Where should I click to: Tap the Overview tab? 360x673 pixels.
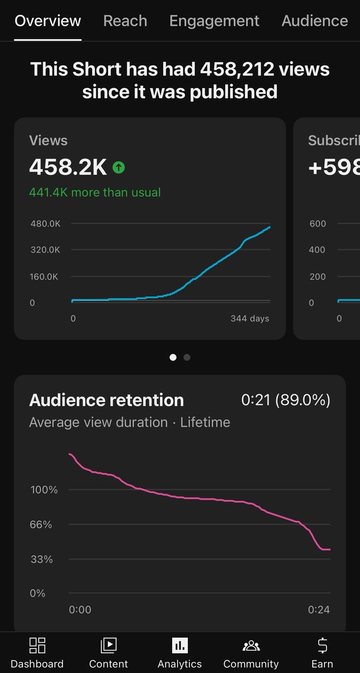click(48, 21)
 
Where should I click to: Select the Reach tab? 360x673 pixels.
click(125, 21)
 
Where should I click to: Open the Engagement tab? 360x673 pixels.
click(214, 21)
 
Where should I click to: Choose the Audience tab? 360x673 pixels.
click(315, 21)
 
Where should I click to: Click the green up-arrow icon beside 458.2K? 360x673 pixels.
click(118, 167)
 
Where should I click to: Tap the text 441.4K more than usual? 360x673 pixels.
click(95, 192)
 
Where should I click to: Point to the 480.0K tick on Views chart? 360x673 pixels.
click(45, 224)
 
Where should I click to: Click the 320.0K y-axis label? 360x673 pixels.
click(45, 250)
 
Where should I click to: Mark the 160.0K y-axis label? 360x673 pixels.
click(45, 276)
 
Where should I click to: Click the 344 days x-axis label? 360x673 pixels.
click(250, 319)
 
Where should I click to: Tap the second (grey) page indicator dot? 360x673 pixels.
click(187, 357)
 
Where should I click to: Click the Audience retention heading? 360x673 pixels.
click(107, 400)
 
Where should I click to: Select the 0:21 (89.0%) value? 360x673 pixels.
click(285, 400)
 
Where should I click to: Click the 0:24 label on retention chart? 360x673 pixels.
click(319, 610)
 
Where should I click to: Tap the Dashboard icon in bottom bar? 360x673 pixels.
click(37, 646)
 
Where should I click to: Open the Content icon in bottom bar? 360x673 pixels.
click(108, 646)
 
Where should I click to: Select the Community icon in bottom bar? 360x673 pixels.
click(251, 646)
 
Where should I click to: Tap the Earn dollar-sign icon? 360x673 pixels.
click(322, 646)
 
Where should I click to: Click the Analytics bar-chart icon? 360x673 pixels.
click(179, 646)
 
